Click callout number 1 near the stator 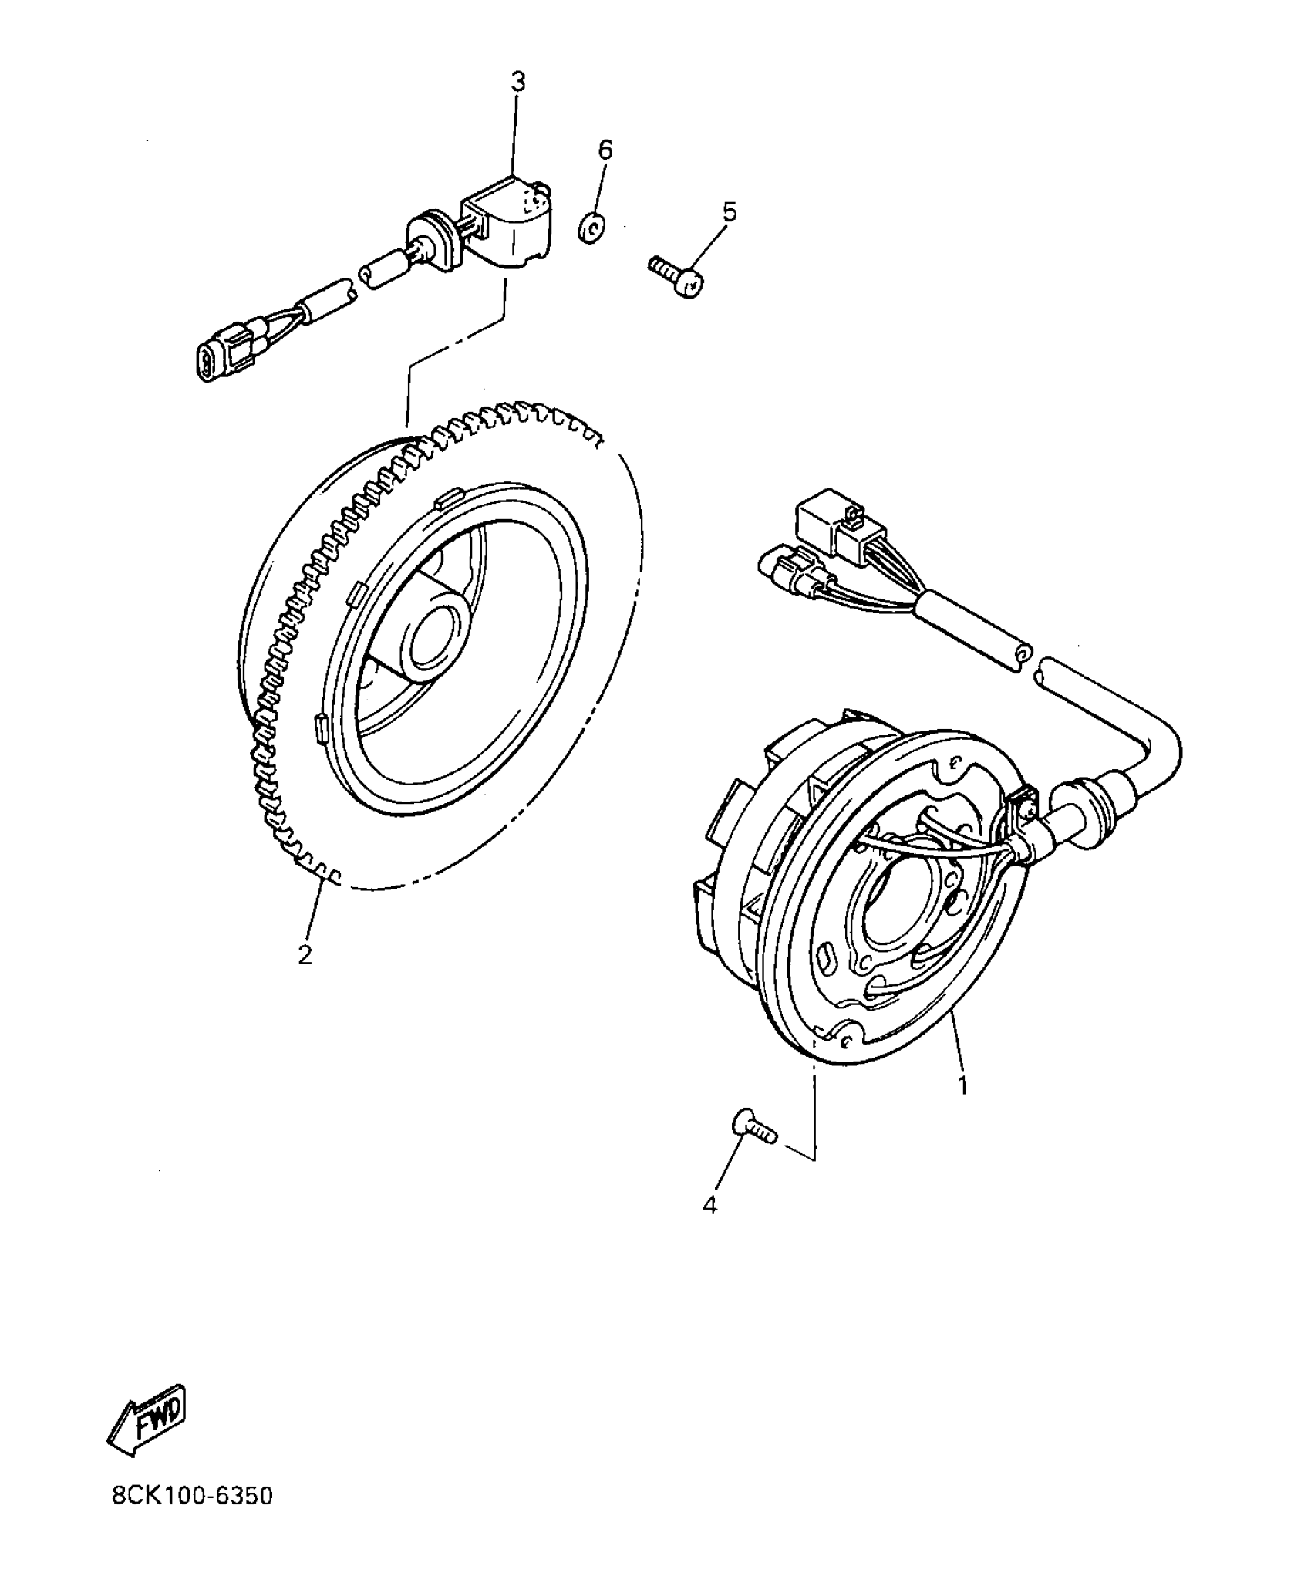pyautogui.click(x=962, y=1084)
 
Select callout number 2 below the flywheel pyautogui.click(x=305, y=954)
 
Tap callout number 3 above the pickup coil pyautogui.click(x=518, y=82)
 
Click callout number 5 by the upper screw pyautogui.click(x=729, y=211)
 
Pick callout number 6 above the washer pyautogui.click(x=605, y=150)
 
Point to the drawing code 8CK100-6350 pyautogui.click(x=192, y=1518)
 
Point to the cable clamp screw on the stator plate pyautogui.click(x=1030, y=809)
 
